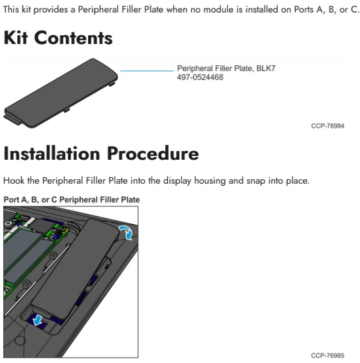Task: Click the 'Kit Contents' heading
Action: point(58,38)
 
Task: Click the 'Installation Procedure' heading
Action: point(101,153)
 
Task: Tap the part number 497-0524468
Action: point(200,77)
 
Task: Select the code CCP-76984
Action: point(327,126)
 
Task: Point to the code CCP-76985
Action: point(327,356)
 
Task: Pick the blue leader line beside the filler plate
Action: point(147,71)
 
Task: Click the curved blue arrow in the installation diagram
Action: point(126,232)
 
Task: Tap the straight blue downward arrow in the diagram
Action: point(37,320)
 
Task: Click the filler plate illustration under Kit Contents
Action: point(61,93)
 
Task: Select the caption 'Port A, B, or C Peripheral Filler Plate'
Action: point(71,200)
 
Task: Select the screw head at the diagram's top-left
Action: point(9,224)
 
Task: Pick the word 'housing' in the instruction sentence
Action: point(209,181)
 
